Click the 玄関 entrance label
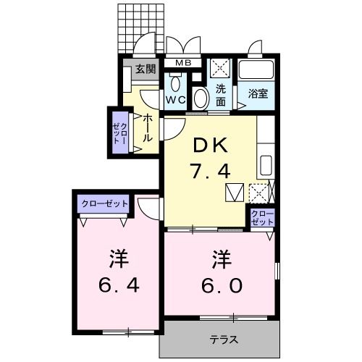[x=146, y=70]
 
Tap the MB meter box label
[x=183, y=63]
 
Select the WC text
[x=175, y=100]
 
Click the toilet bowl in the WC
[x=175, y=83]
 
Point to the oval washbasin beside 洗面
[x=201, y=98]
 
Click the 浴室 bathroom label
[x=258, y=93]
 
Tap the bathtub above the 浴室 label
[x=256, y=69]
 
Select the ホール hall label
[x=148, y=128]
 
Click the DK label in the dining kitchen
[x=211, y=145]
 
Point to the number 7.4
[x=210, y=170]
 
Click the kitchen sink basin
[x=266, y=166]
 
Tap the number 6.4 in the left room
[x=119, y=285]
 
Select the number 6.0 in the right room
[x=222, y=285]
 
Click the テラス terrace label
[x=224, y=340]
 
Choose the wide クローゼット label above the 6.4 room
[x=104, y=204]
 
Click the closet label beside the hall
[x=120, y=133]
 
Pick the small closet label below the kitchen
[x=262, y=218]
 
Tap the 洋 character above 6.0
[x=222, y=259]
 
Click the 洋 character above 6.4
[x=119, y=259]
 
